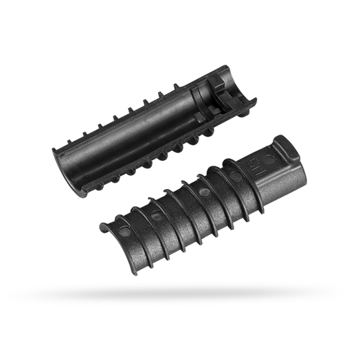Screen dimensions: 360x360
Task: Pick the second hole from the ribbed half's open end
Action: coord(157,216)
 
